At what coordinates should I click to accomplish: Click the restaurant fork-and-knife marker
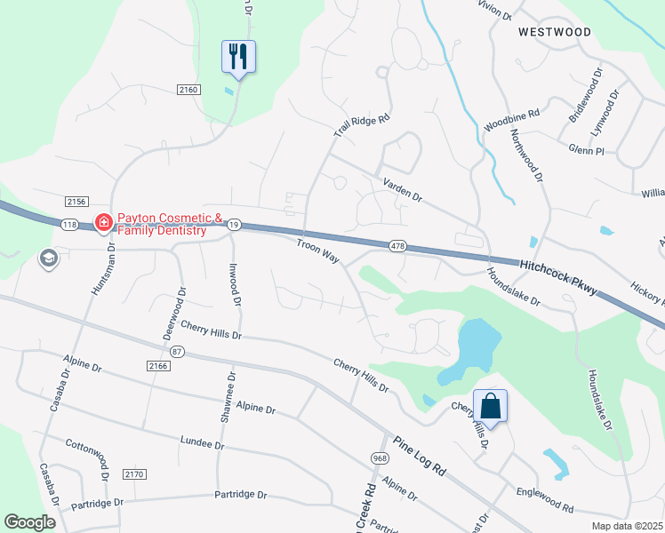click(x=238, y=57)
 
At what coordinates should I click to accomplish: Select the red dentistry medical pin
click(x=103, y=221)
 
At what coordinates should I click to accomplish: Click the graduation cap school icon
click(x=48, y=259)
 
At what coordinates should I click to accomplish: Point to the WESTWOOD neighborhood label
click(x=555, y=32)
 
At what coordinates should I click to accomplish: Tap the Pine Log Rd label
click(x=420, y=457)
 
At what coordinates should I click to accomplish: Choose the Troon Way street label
click(x=318, y=249)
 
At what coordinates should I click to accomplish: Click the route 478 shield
click(x=397, y=245)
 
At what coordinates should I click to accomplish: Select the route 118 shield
click(x=70, y=224)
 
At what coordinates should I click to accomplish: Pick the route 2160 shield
click(x=188, y=89)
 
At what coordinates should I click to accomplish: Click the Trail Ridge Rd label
click(x=363, y=125)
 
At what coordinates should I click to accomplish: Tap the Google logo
click(x=29, y=522)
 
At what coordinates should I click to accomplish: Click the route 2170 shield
click(x=134, y=474)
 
